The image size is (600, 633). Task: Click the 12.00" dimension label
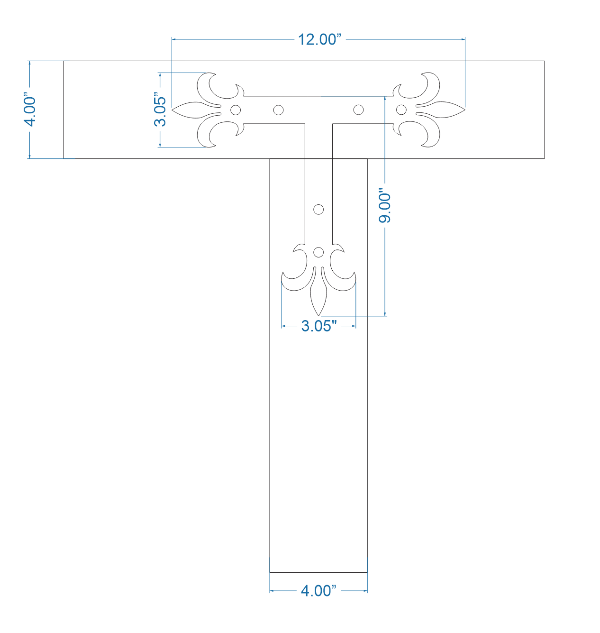click(319, 39)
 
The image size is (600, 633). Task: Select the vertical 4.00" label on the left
click(30, 111)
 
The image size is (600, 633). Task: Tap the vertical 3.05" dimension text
click(160, 111)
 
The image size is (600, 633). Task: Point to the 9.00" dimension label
click(384, 207)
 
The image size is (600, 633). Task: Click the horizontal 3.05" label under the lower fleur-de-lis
click(319, 326)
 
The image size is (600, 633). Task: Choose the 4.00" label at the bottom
click(318, 591)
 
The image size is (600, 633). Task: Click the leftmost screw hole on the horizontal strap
click(235, 110)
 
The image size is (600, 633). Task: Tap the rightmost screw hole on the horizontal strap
click(401, 110)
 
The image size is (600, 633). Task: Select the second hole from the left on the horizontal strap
click(279, 110)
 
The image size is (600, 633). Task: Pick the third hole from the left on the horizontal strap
click(359, 110)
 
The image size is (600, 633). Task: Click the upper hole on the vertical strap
click(318, 209)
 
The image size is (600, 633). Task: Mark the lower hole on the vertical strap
click(318, 252)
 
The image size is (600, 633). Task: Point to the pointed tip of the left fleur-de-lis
click(173, 110)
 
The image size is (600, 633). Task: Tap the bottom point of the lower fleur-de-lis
click(319, 315)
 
